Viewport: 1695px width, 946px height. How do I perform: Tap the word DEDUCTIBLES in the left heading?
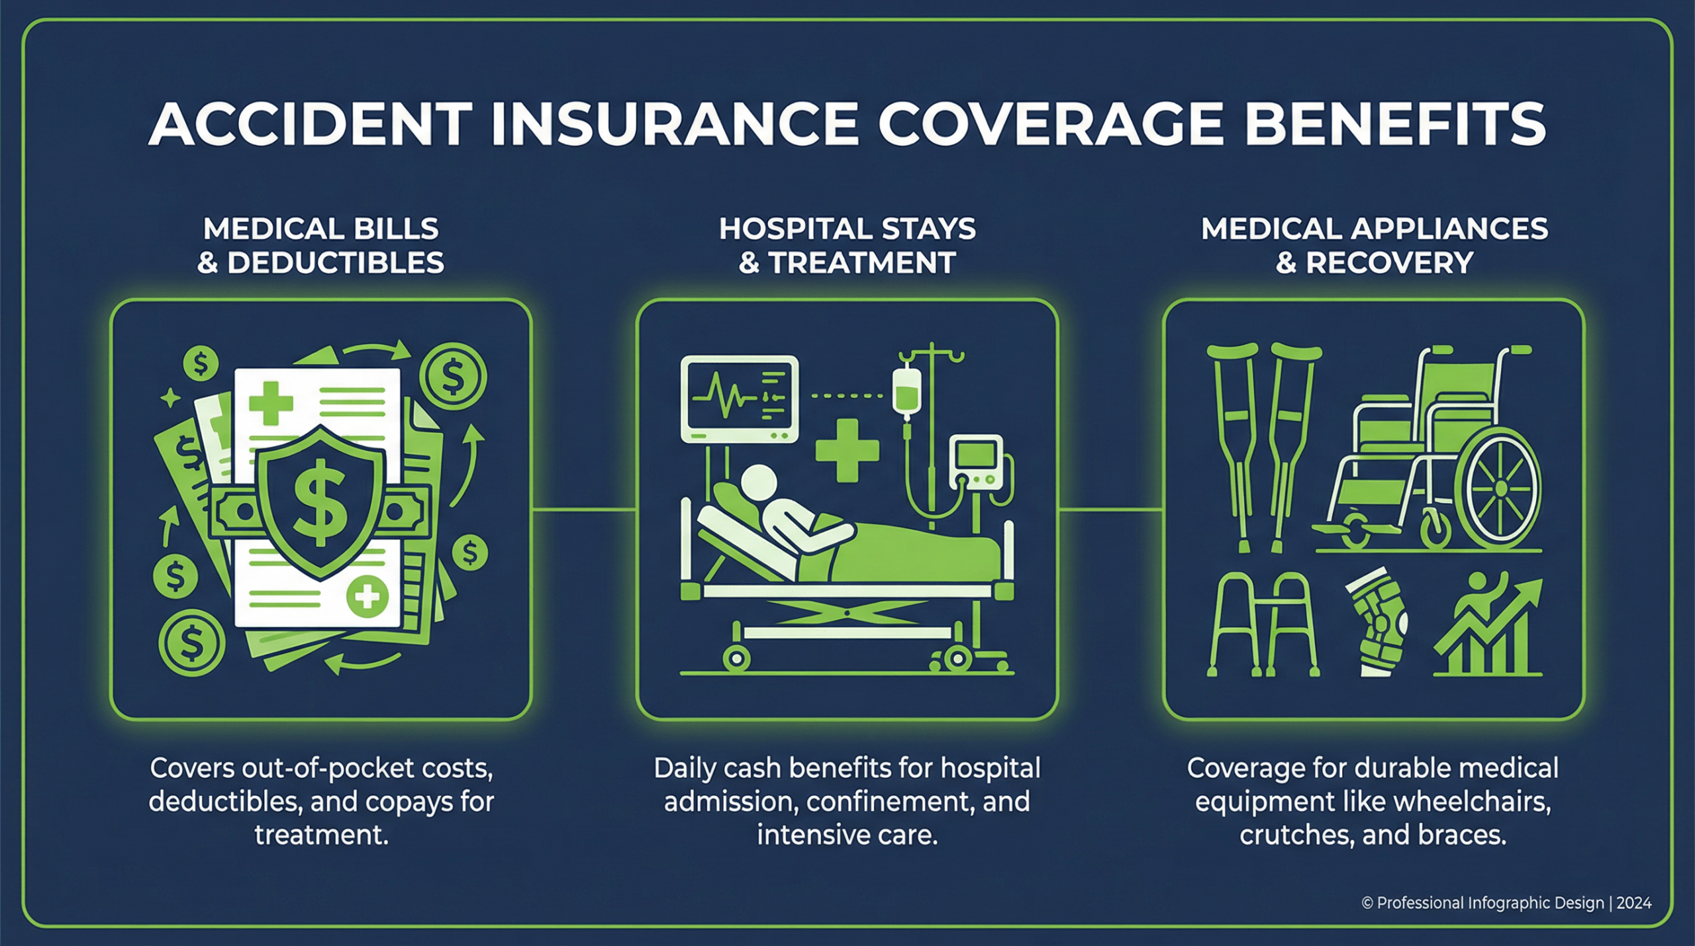click(x=336, y=263)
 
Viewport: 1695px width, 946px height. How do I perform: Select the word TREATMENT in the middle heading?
click(x=861, y=263)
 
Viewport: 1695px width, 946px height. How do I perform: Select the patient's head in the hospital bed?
click(x=759, y=483)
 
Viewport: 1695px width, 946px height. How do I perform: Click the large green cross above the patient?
click(x=847, y=450)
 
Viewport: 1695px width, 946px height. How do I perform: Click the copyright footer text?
click(x=1506, y=903)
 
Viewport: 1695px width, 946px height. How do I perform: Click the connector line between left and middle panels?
click(x=584, y=510)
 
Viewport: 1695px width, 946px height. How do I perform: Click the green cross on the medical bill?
click(x=271, y=402)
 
